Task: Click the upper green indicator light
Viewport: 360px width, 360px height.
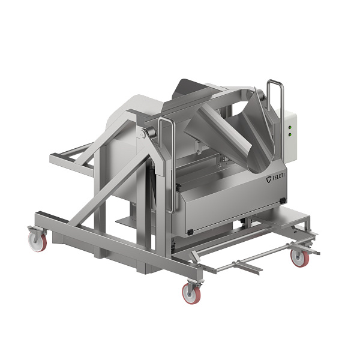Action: click(290, 127)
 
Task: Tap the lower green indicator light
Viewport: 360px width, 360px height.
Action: click(290, 134)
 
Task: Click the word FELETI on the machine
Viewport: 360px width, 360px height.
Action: click(278, 177)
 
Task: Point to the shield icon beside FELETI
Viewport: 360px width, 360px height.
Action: click(269, 179)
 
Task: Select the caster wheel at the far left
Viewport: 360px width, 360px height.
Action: click(37, 241)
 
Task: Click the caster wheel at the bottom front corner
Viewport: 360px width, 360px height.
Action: click(191, 293)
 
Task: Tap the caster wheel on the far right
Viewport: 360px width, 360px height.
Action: click(300, 258)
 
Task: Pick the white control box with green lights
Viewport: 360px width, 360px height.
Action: click(287, 134)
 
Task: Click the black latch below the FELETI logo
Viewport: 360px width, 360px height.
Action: click(283, 200)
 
